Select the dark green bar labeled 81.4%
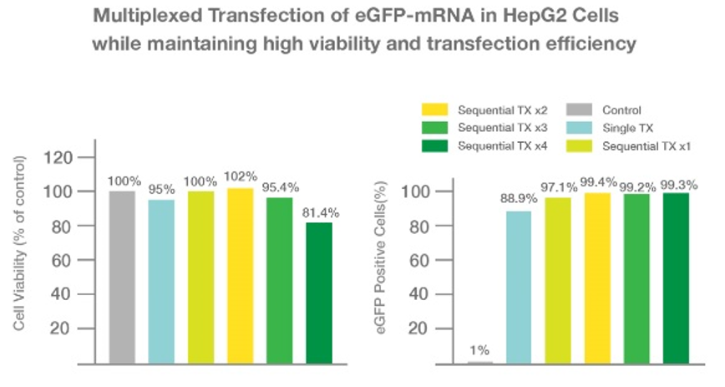(319, 293)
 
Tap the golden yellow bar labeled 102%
(240, 275)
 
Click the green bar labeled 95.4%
(280, 280)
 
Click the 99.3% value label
(678, 182)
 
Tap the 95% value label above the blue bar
(161, 188)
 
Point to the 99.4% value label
(600, 182)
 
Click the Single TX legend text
(627, 127)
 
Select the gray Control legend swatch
(580, 109)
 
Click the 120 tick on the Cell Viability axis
(64, 158)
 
